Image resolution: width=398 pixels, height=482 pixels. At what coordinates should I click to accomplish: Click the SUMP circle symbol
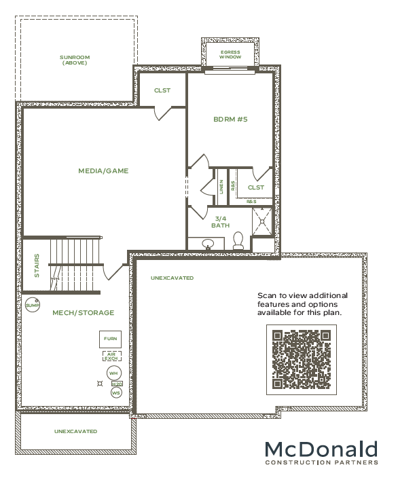[33, 305]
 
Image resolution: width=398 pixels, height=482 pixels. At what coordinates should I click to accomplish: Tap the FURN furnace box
[110, 339]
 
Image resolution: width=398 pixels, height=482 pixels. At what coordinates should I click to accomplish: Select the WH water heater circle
[114, 373]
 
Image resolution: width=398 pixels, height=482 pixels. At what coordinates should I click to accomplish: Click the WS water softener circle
[116, 393]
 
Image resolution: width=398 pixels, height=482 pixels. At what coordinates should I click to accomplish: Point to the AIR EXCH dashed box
[111, 356]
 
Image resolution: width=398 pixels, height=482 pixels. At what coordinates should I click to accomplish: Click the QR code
[302, 359]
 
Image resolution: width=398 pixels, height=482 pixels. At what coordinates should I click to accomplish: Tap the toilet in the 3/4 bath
[238, 240]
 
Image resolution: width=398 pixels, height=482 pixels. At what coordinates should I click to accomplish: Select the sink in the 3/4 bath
[208, 244]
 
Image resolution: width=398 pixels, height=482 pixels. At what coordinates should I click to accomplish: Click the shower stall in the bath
[262, 221]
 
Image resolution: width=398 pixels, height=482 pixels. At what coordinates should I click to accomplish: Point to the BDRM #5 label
[230, 119]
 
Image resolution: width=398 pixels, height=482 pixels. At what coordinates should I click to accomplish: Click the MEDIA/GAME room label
[103, 171]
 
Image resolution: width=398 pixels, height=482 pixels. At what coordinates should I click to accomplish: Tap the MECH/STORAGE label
[84, 313]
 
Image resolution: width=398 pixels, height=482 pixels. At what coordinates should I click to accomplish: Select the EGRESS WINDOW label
[230, 54]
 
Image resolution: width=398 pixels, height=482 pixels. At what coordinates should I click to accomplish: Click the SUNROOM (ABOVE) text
[75, 60]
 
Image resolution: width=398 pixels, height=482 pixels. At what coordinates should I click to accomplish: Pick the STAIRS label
[37, 265]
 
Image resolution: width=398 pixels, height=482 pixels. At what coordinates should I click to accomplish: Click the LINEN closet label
[221, 187]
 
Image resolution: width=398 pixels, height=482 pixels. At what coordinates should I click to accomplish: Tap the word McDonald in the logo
[321, 449]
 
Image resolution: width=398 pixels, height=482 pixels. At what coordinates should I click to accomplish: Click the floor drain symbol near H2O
[100, 384]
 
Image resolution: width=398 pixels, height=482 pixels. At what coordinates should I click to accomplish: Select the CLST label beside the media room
[162, 90]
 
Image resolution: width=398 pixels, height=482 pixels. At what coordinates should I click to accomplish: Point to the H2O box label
[117, 384]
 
